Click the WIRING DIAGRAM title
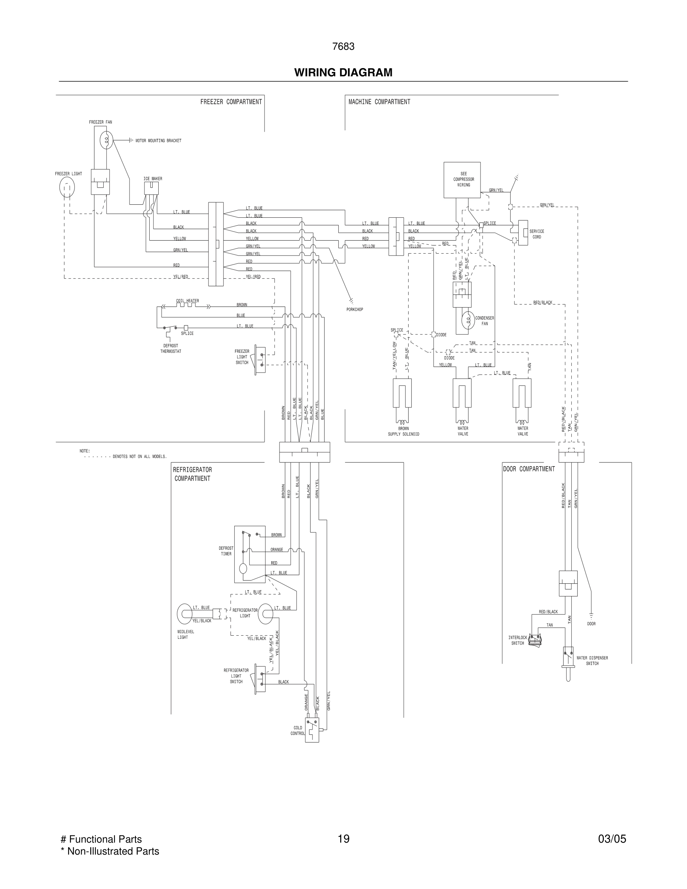tap(343, 73)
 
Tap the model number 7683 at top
tap(343, 47)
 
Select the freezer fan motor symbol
tap(106, 140)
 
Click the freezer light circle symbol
tap(67, 188)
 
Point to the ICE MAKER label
tap(153, 179)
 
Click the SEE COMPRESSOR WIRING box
tap(462, 180)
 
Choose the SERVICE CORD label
tap(537, 234)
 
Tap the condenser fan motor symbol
tap(468, 320)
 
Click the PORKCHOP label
tap(354, 310)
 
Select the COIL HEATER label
tap(187, 301)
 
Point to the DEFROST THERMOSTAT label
tap(171, 348)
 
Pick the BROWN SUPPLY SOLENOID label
tap(403, 431)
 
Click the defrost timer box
tap(250, 554)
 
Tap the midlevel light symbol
tap(185, 614)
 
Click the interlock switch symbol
tap(534, 641)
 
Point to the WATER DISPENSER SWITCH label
tap(592, 661)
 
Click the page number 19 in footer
tap(343, 839)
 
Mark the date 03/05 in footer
tap(612, 839)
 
